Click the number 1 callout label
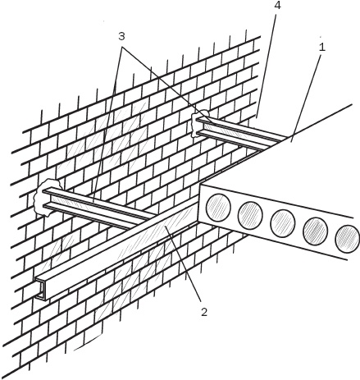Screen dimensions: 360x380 click(x=322, y=48)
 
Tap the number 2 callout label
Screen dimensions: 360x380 click(x=204, y=312)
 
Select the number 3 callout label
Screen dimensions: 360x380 click(x=121, y=36)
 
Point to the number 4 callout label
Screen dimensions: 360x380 click(x=277, y=6)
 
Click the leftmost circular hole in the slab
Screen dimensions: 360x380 click(x=218, y=207)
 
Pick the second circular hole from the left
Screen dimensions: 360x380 click(x=250, y=216)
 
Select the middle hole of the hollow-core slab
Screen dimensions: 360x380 click(x=283, y=223)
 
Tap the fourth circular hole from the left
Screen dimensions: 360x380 click(x=316, y=231)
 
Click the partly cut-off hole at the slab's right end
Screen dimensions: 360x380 click(x=347, y=239)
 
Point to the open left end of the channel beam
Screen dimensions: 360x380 click(x=41, y=290)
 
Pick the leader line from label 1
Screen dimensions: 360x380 click(x=307, y=98)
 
